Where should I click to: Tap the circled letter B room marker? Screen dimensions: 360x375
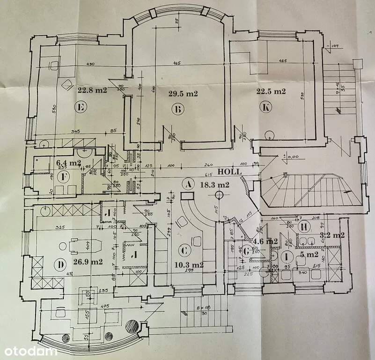click(x=177, y=110)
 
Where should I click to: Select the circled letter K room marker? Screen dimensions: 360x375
click(x=266, y=107)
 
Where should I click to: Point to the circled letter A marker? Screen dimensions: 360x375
click(x=188, y=184)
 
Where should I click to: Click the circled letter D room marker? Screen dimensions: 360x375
click(x=59, y=265)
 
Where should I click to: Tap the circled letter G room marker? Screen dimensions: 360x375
click(x=247, y=252)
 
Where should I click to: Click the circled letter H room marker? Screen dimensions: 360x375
click(x=305, y=227)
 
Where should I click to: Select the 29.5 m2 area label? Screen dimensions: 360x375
click(x=183, y=93)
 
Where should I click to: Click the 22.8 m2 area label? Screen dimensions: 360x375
click(x=93, y=90)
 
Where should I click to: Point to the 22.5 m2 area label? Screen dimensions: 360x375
click(x=271, y=91)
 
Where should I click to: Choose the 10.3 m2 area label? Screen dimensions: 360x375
click(x=189, y=265)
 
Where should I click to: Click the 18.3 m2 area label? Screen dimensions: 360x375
click(x=214, y=185)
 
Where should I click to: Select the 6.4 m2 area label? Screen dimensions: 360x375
click(x=69, y=163)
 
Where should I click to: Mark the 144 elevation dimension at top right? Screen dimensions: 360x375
click(x=335, y=45)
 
